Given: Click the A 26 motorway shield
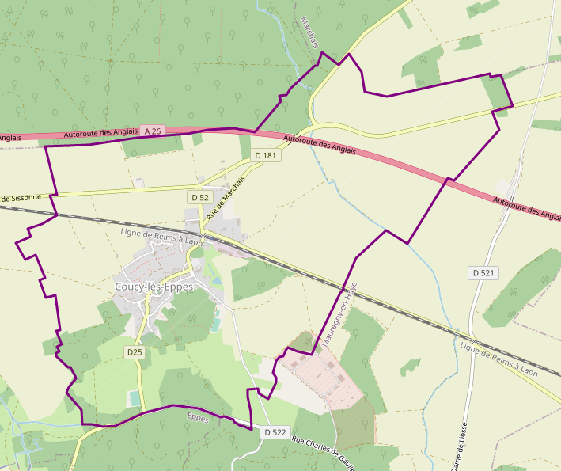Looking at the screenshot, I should click(x=153, y=131).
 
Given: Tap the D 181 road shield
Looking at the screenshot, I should click(x=265, y=156).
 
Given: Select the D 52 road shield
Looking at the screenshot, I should click(x=200, y=196).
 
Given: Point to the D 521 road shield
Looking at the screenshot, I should click(x=483, y=273).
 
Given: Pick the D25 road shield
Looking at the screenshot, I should click(x=135, y=351).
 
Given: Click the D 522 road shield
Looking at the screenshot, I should click(x=274, y=432).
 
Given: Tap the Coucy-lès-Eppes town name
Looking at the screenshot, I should click(x=154, y=287).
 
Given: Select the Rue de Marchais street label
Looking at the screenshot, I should click(x=226, y=199).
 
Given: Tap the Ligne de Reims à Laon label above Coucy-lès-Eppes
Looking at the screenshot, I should click(x=161, y=237).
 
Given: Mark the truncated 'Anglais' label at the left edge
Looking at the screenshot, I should click(x=9, y=138).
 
